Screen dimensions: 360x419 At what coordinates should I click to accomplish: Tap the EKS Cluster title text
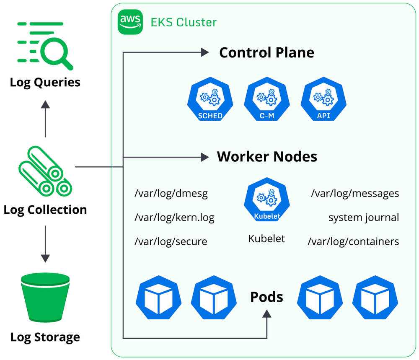184,22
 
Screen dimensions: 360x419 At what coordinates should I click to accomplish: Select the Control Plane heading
266,52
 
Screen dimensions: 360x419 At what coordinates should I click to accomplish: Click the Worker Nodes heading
266,157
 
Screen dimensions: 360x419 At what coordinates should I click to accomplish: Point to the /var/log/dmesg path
171,194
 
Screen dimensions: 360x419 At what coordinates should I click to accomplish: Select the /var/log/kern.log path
174,218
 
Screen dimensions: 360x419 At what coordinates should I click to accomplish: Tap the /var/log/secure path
171,241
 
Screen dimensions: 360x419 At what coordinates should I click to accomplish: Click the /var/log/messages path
355,194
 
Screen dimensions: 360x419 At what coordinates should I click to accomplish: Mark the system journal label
363,218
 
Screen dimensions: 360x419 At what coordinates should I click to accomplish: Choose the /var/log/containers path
353,241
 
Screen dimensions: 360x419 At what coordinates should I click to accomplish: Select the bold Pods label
266,297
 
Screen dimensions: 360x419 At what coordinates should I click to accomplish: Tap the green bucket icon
45,298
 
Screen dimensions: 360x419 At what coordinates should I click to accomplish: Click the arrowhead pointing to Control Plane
204,52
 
